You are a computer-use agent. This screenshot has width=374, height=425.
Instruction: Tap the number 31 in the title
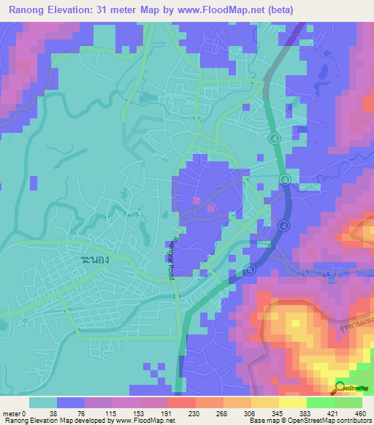(118, 10)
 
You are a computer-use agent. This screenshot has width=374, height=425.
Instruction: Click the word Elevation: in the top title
(82, 10)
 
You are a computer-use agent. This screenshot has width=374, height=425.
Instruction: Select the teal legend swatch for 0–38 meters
(42, 402)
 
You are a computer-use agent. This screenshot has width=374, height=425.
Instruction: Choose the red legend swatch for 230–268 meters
(181, 402)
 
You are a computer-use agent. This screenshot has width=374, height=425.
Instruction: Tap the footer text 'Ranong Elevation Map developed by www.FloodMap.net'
(83, 421)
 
